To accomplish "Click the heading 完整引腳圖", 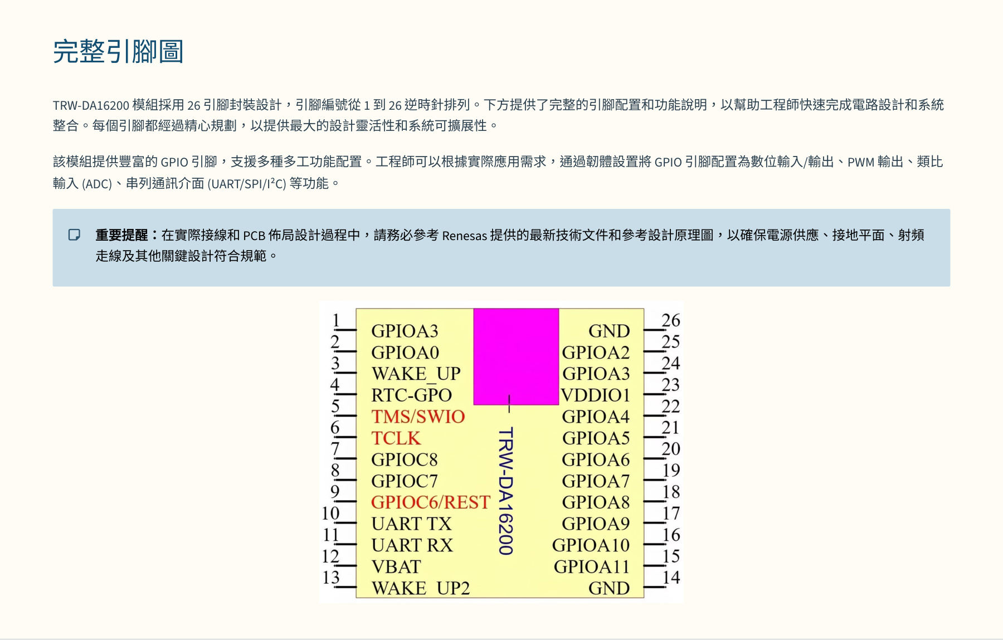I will point(118,51).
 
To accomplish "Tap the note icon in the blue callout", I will point(74,234).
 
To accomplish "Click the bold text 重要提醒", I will point(121,235).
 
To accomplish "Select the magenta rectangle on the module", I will point(516,356).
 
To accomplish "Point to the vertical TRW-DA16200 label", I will point(505,491).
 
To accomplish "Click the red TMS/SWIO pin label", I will point(418,417).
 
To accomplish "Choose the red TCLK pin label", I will point(396,438).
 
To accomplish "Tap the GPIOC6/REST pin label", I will point(430,502).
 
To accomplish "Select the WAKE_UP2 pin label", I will point(421,588).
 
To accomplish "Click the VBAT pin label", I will point(396,567).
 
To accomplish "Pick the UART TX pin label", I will point(411,524).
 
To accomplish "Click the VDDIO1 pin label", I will point(595,395).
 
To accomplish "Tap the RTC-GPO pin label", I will point(411,395).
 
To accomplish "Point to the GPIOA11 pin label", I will point(591,567).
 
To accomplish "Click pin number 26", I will point(671,320).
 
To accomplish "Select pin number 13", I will point(331,577).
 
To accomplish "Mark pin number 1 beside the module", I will point(336,320).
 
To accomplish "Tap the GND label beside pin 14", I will point(609,588).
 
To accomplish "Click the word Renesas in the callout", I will point(465,236).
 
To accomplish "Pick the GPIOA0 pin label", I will point(405,353).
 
